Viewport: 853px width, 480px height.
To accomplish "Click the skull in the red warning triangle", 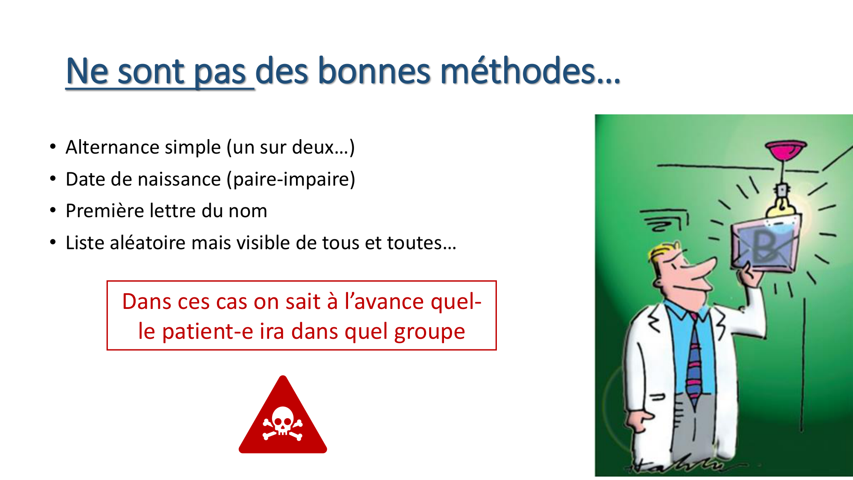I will pyautogui.click(x=282, y=420).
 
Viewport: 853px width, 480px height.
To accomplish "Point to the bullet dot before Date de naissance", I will pyautogui.click(x=53, y=179).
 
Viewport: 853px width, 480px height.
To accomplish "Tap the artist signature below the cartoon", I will pyautogui.click(x=678, y=465).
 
